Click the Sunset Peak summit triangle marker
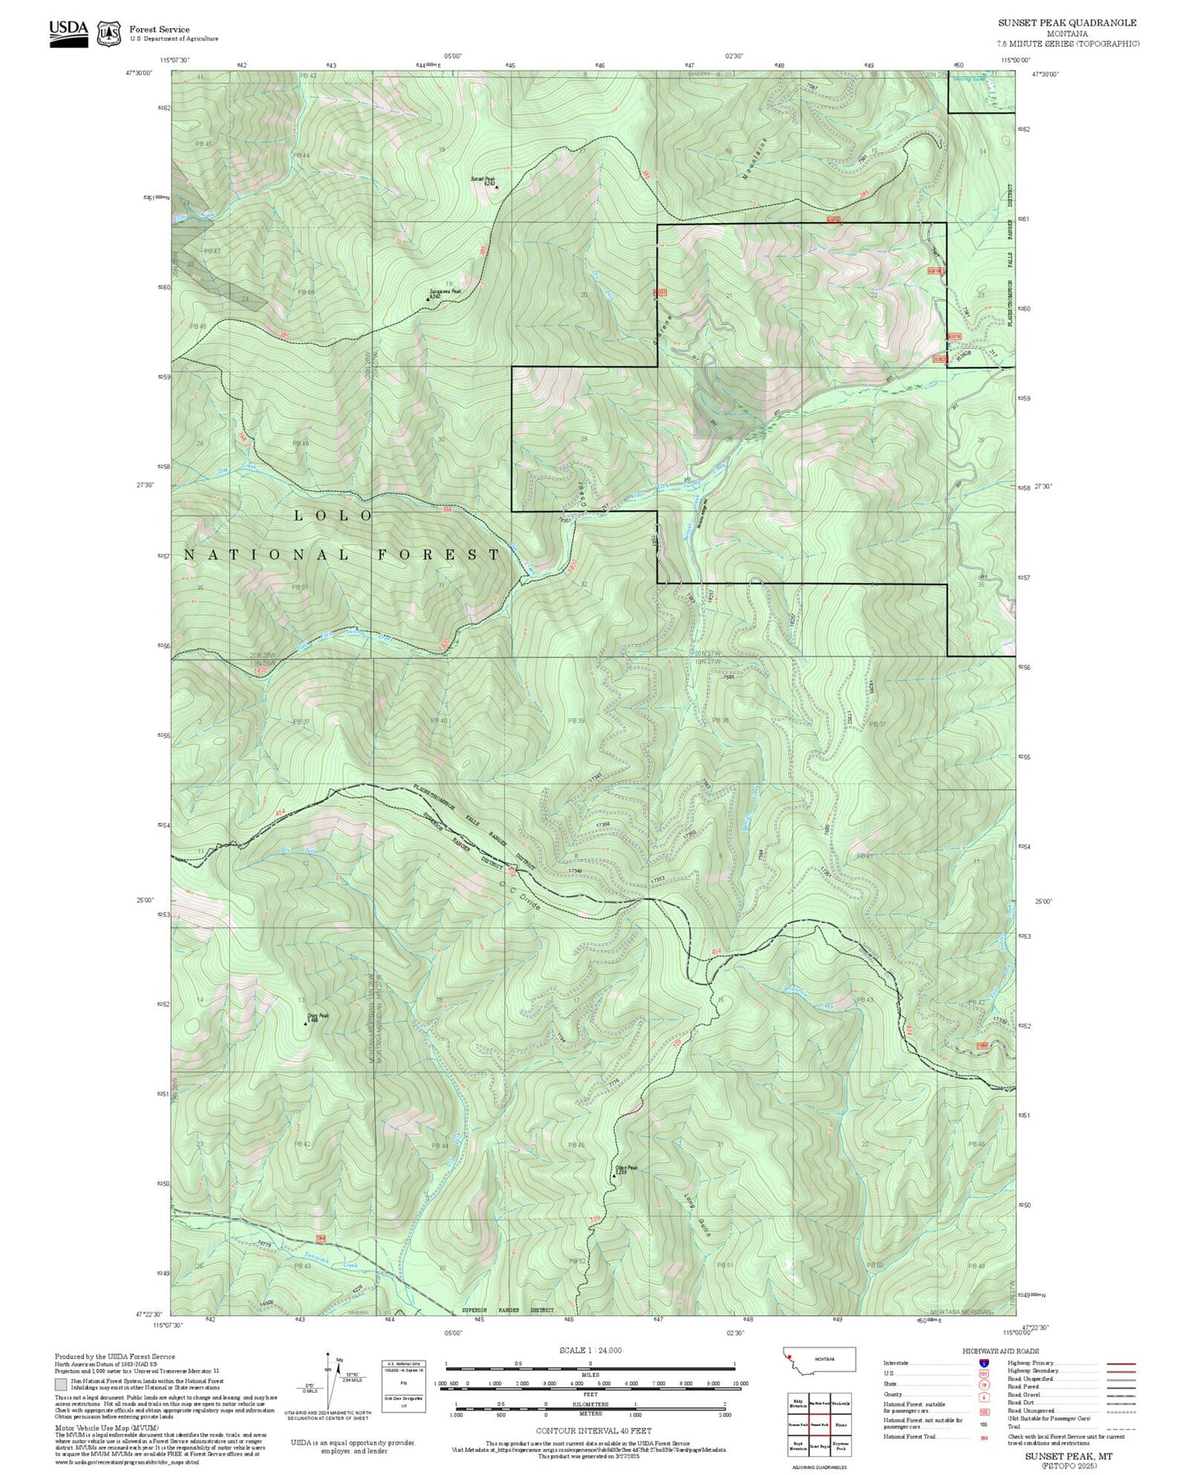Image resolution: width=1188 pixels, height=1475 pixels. tap(496, 187)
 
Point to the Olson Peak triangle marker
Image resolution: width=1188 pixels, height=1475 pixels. tap(613, 1176)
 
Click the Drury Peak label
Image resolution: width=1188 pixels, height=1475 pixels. tap(317, 1015)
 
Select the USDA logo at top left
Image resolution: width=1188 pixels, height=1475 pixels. tap(68, 33)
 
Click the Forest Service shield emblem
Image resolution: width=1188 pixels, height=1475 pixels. tap(109, 34)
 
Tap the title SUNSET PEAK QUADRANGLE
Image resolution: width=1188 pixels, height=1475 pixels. tap(1067, 23)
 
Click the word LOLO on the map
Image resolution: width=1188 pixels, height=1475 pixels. tap(334, 516)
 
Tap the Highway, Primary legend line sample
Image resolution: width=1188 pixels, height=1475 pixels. tap(1121, 1363)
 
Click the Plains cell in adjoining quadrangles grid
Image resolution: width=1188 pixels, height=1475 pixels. tap(840, 1425)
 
